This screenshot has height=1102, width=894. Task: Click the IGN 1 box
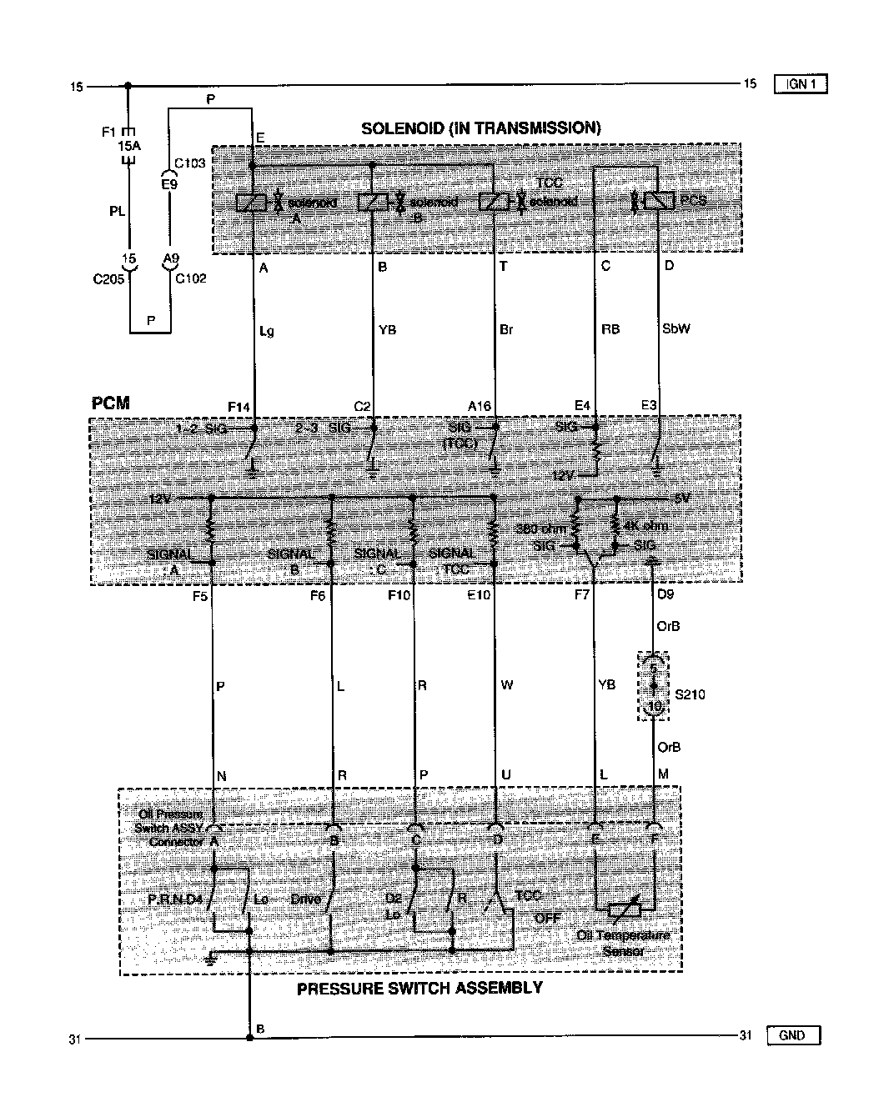801,83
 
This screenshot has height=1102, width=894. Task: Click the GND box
792,1035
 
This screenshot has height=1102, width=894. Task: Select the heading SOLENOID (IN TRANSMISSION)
480,128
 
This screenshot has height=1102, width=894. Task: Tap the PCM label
110,403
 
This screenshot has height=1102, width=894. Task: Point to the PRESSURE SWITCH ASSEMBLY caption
419,988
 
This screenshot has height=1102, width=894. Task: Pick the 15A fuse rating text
128,145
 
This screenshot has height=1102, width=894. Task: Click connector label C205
108,278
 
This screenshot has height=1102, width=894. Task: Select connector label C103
190,163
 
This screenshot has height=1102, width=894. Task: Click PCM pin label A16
480,406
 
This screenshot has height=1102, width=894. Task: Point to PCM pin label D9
666,596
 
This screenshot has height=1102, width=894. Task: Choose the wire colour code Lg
267,331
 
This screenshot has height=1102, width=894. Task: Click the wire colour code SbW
676,328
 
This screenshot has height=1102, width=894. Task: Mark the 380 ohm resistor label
540,528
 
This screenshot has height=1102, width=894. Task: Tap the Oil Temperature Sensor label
623,943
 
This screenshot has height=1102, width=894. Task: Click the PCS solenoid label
693,201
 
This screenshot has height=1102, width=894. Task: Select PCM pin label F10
399,596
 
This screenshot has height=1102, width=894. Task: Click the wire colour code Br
506,330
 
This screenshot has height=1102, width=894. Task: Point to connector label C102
190,278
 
